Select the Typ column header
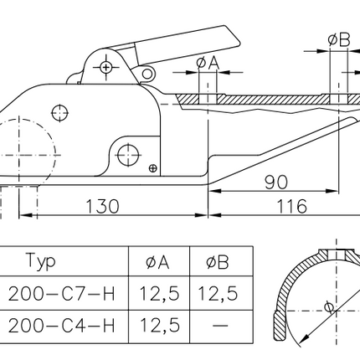[x=42, y=261]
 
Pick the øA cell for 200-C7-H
[x=159, y=293]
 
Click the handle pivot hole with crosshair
[x=106, y=66]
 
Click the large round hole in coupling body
[x=128, y=153]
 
